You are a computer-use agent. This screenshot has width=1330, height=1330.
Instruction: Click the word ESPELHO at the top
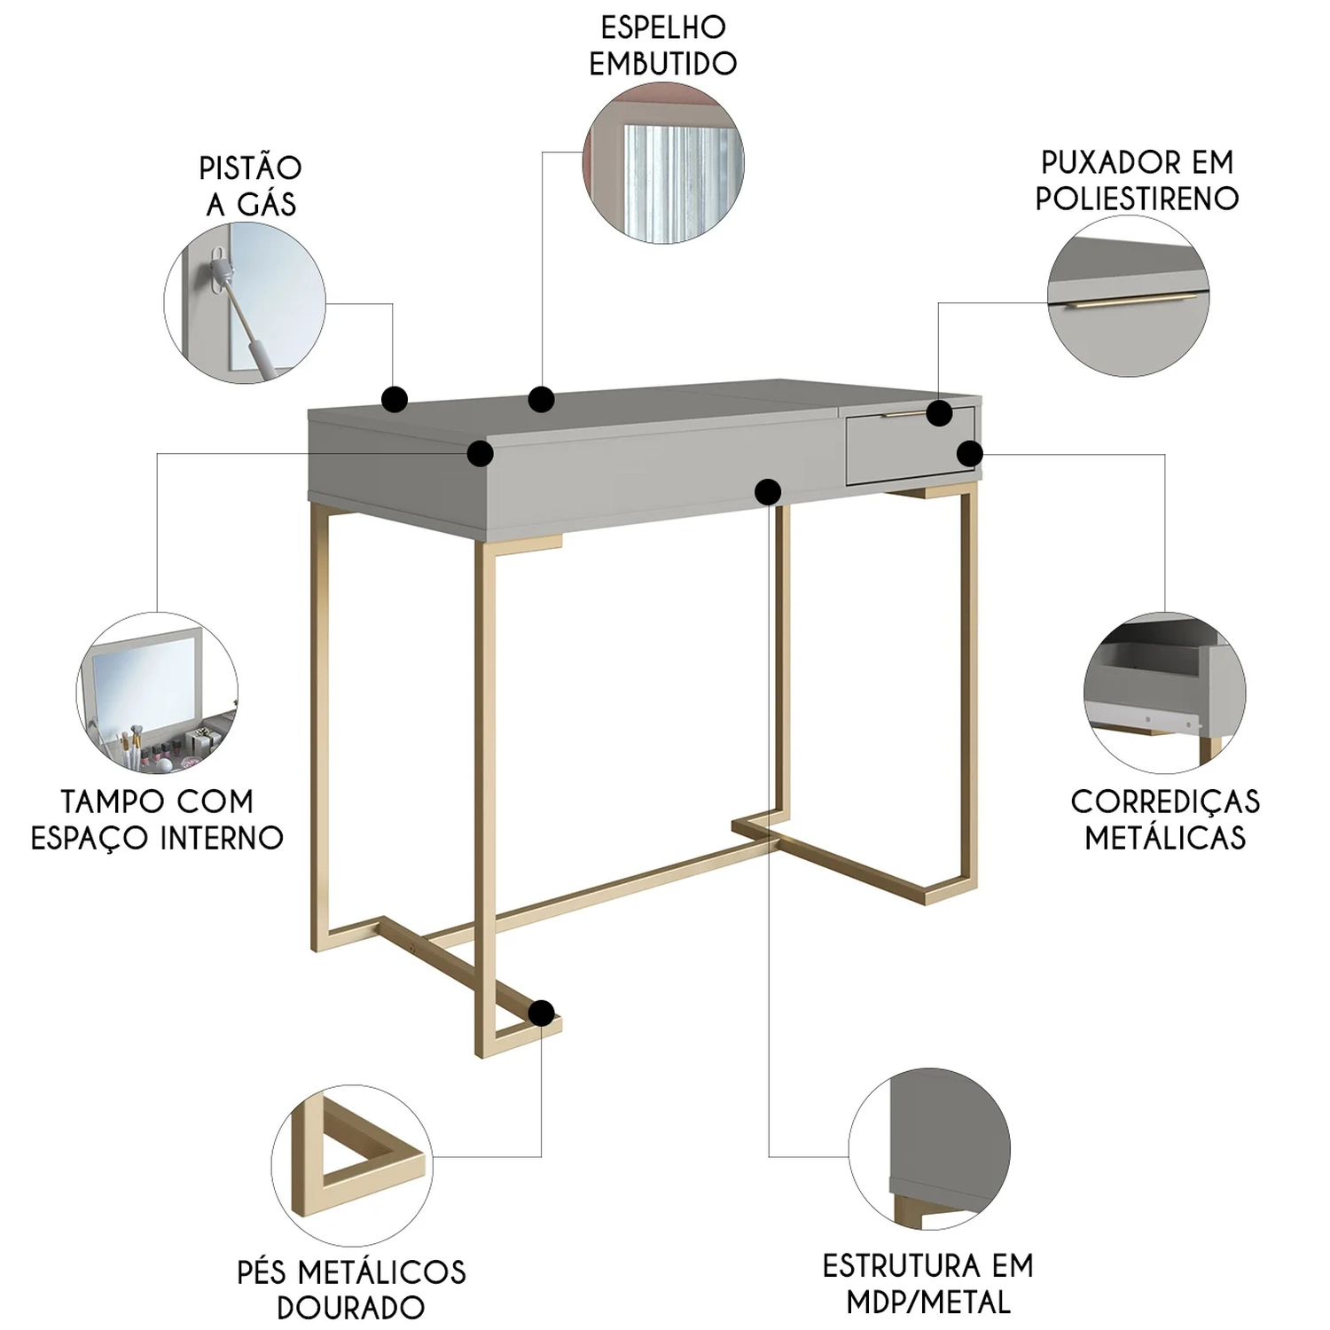(663, 27)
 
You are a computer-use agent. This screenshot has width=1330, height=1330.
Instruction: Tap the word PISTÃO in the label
(250, 168)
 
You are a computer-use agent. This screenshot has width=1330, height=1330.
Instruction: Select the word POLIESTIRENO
(1137, 198)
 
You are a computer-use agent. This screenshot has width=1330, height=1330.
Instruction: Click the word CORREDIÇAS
(1165, 802)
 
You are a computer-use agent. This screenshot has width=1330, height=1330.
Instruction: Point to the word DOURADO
(351, 1307)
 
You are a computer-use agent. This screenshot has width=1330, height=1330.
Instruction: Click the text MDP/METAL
(928, 1302)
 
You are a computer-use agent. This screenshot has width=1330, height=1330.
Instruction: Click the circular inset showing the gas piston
(245, 302)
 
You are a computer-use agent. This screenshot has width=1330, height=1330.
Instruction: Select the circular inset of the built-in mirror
(663, 162)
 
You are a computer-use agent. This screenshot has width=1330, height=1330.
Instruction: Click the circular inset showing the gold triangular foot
(352, 1165)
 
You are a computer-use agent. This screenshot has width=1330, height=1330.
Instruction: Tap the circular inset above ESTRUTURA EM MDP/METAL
(929, 1149)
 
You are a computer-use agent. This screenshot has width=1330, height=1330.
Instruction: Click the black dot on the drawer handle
(939, 413)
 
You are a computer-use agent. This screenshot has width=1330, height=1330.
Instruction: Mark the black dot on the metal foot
(541, 1013)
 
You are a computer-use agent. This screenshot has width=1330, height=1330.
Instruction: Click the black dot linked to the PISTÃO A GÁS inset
(395, 400)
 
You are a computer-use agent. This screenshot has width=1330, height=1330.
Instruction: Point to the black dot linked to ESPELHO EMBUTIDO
(541, 399)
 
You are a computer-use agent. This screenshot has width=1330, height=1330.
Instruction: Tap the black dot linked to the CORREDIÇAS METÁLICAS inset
(970, 454)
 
